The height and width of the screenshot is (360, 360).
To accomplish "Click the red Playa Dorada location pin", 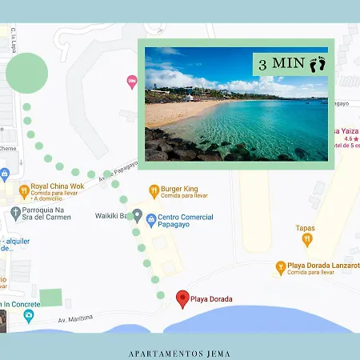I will click(x=182, y=299).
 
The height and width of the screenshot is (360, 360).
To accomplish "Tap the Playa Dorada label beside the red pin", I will click(x=211, y=299).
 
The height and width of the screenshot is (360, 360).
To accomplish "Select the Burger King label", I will click(x=179, y=190).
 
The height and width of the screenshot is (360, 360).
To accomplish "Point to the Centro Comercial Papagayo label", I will click(x=186, y=222).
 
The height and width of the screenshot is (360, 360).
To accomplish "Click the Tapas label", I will click(x=305, y=228).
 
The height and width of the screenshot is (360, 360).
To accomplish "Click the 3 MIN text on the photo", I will click(x=277, y=63).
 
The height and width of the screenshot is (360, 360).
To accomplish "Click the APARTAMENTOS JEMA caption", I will click(x=180, y=350).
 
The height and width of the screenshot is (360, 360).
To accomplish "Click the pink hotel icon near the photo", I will click(x=131, y=81).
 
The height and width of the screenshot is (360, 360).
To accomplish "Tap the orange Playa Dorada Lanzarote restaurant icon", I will click(x=280, y=266).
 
